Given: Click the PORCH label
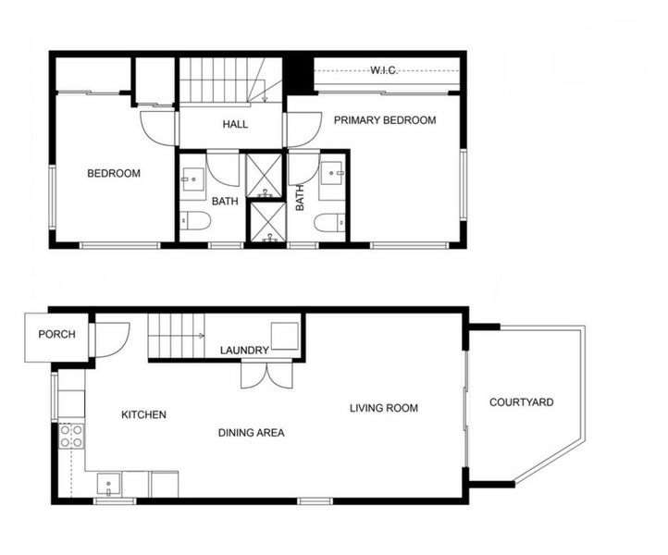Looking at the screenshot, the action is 56,334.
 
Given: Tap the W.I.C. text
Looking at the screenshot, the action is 384,70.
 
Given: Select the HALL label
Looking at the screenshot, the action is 235,124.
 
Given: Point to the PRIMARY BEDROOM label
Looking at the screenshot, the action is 385,120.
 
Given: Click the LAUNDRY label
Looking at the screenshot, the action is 244,351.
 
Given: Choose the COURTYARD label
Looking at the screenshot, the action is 522,402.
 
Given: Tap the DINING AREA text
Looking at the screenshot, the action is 252,433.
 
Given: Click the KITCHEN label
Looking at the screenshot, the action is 143,415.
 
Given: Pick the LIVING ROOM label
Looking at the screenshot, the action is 384,408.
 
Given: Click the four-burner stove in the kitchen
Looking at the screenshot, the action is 71,437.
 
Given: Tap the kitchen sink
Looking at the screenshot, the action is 108,485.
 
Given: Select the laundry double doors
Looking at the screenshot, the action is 266,375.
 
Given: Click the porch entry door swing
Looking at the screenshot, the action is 111,339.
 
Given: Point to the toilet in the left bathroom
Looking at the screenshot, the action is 195,221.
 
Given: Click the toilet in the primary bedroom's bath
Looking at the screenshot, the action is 329,223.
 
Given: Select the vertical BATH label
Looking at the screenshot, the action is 300,198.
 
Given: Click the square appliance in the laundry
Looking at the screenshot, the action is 285,336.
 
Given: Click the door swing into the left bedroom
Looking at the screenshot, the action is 157,129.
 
